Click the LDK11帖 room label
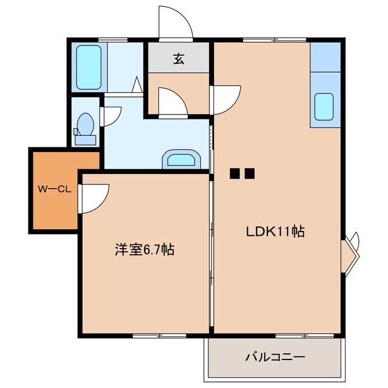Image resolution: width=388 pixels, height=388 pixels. (x=274, y=231)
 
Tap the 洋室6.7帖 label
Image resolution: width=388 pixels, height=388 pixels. (x=145, y=249)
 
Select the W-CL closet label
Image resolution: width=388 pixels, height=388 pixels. (x=55, y=189)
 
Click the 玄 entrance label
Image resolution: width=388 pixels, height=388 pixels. (x=179, y=59)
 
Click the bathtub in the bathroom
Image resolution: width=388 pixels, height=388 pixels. (x=89, y=67)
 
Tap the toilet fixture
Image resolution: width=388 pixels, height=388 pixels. (x=84, y=129)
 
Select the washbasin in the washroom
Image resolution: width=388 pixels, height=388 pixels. (x=181, y=160)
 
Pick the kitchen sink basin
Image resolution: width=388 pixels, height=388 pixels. (x=325, y=107)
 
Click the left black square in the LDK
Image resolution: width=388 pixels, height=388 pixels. (x=235, y=174)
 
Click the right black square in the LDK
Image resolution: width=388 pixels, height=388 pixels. (x=249, y=174)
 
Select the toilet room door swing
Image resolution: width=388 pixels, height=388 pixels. (x=112, y=116)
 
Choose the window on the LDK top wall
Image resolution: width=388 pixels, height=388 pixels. (x=261, y=40)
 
